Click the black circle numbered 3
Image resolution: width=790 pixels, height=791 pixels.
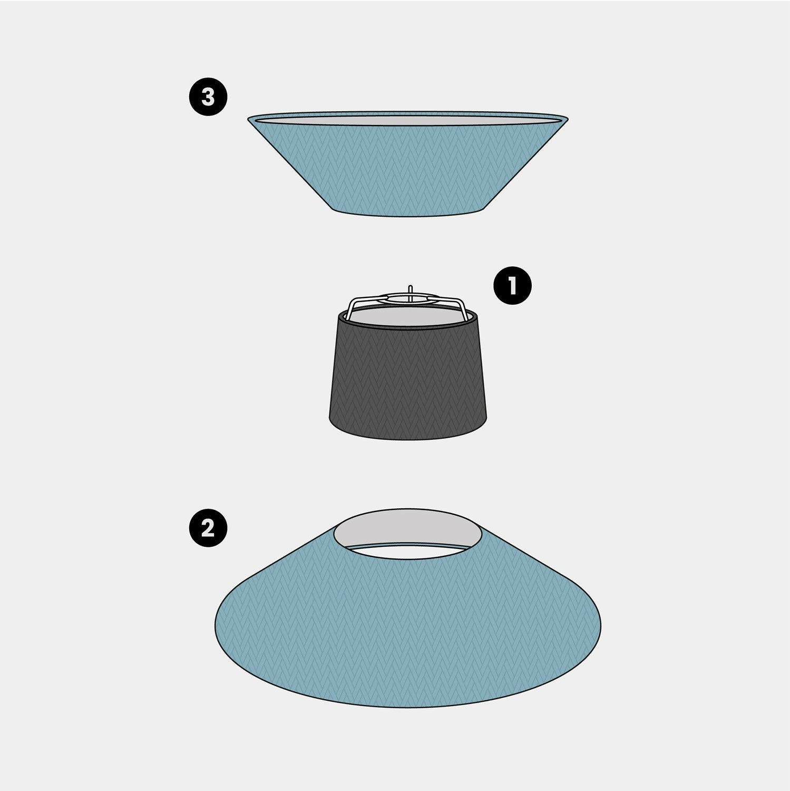click(x=208, y=98)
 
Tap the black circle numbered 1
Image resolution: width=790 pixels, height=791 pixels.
click(x=512, y=286)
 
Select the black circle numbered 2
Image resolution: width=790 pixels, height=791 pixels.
click(x=208, y=527)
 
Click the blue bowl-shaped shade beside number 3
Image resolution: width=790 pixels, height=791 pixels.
click(x=408, y=169)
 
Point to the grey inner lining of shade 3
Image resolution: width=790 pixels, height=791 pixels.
click(x=408, y=120)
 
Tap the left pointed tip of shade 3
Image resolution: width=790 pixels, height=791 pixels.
click(x=248, y=119)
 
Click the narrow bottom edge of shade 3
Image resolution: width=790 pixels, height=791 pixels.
click(x=408, y=214)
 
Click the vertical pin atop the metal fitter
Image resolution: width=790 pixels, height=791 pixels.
click(x=411, y=291)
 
